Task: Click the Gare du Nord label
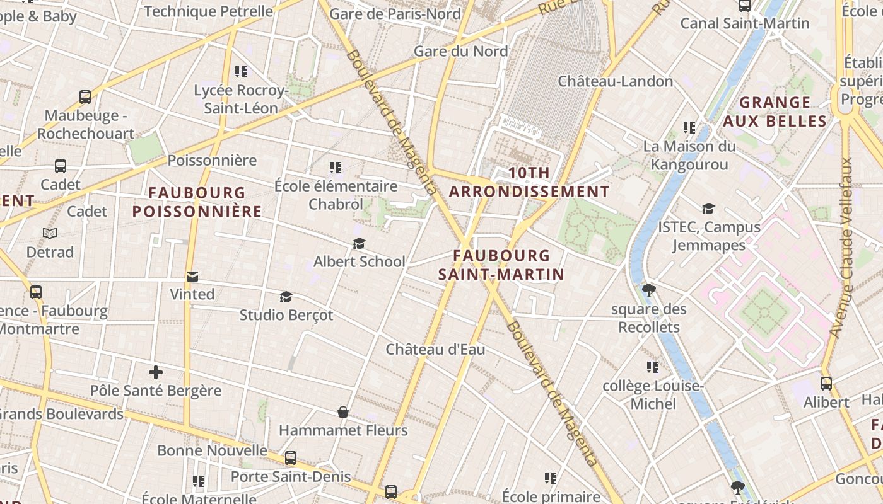460,51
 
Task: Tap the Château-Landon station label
616,81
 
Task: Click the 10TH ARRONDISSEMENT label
529,182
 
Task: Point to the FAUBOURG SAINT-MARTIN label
501,265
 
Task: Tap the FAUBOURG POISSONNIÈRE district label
197,202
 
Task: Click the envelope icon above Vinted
192,277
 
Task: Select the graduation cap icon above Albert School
359,244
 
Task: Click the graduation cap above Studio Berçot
286,297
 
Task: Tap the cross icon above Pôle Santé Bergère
156,372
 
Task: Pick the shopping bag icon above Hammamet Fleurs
343,412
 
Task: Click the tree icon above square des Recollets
648,290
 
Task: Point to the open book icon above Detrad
50,234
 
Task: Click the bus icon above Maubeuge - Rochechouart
85,97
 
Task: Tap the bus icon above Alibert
826,383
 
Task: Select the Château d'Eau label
435,349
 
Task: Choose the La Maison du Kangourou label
689,156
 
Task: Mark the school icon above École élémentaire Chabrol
336,168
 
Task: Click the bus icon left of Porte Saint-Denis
291,458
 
